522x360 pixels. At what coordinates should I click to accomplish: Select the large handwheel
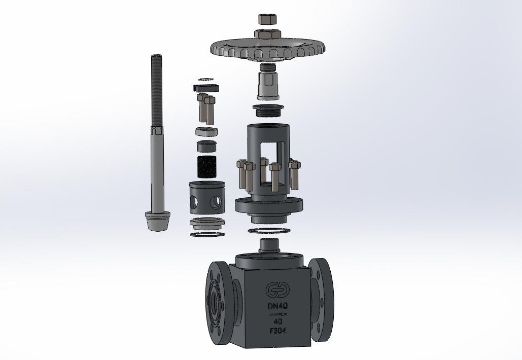tap(268, 49)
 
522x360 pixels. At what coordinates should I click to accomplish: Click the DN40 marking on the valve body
tap(277, 305)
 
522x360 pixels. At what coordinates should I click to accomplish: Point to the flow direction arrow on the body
tap(277, 314)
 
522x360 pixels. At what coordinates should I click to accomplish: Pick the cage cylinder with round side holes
tap(206, 197)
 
